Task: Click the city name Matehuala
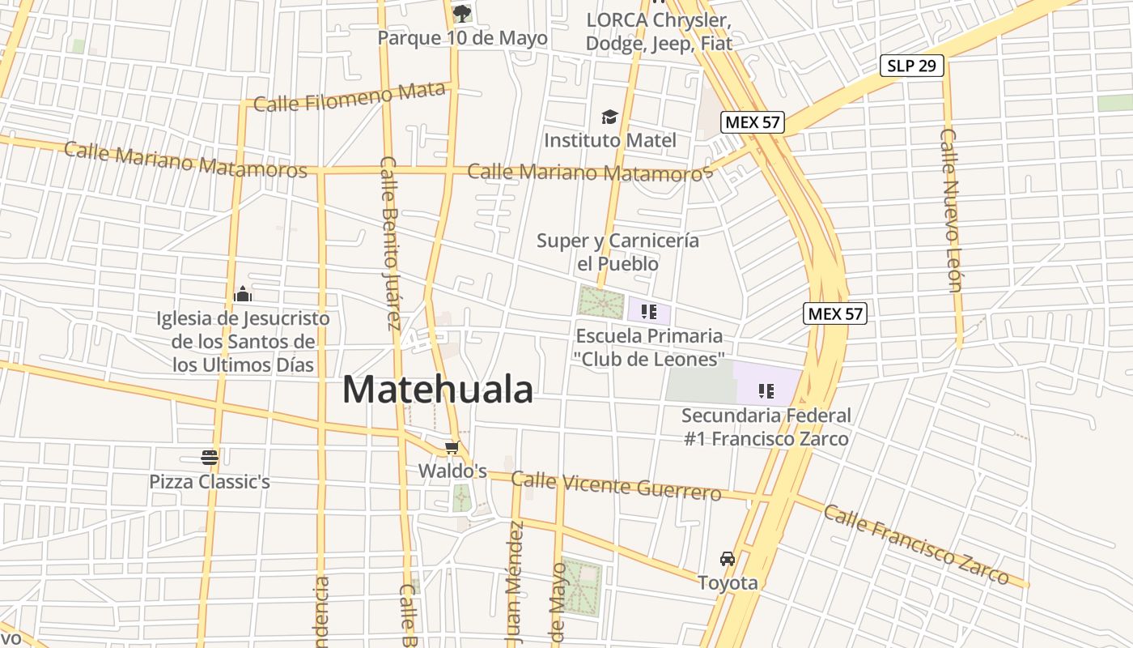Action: pos(438,390)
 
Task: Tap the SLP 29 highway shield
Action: pos(912,66)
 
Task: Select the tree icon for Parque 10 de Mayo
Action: pos(462,13)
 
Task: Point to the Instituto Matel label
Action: pos(609,140)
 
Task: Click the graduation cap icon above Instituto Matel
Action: pos(609,117)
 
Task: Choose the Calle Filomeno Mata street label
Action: pos(350,98)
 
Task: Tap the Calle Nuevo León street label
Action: pos(951,210)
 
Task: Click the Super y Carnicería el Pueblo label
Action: pos(617,252)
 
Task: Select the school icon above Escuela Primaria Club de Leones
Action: pos(648,311)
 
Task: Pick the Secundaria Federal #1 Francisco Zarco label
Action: pos(766,427)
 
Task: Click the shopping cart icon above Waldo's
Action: pos(452,448)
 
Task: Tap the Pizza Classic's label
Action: pos(210,482)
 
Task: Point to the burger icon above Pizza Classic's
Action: pos(210,458)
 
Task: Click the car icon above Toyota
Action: pos(728,559)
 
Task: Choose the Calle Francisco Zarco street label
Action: pos(916,544)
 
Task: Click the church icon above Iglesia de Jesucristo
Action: pos(243,295)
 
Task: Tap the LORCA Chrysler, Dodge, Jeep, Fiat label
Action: pos(658,31)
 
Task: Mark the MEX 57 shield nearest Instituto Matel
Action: pos(753,122)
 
